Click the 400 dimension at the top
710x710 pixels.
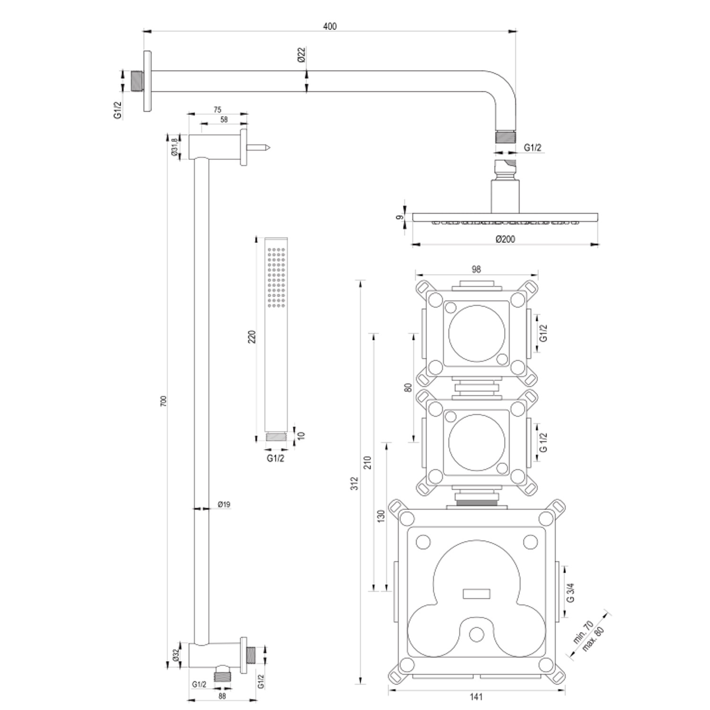pos(329,26)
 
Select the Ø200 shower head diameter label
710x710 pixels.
pos(505,239)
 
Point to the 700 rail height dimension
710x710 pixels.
pos(164,401)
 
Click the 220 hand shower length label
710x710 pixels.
pos(252,337)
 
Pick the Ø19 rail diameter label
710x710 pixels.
pos(224,505)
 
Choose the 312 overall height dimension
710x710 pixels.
pos(355,483)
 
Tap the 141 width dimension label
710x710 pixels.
pos(476,696)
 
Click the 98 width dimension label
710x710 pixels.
pos(476,269)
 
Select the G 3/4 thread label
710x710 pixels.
pos(570,592)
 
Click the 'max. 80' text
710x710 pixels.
pos(594,639)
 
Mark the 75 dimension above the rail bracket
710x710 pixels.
pos(217,110)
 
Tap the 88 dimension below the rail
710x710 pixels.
pos(222,696)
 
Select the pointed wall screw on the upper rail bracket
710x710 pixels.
pos(259,148)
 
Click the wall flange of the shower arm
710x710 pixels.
pos(147,81)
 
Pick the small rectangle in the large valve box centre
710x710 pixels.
pos(476,594)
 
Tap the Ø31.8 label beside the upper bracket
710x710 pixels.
pos(174,147)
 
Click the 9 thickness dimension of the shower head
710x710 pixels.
pos(400,217)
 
